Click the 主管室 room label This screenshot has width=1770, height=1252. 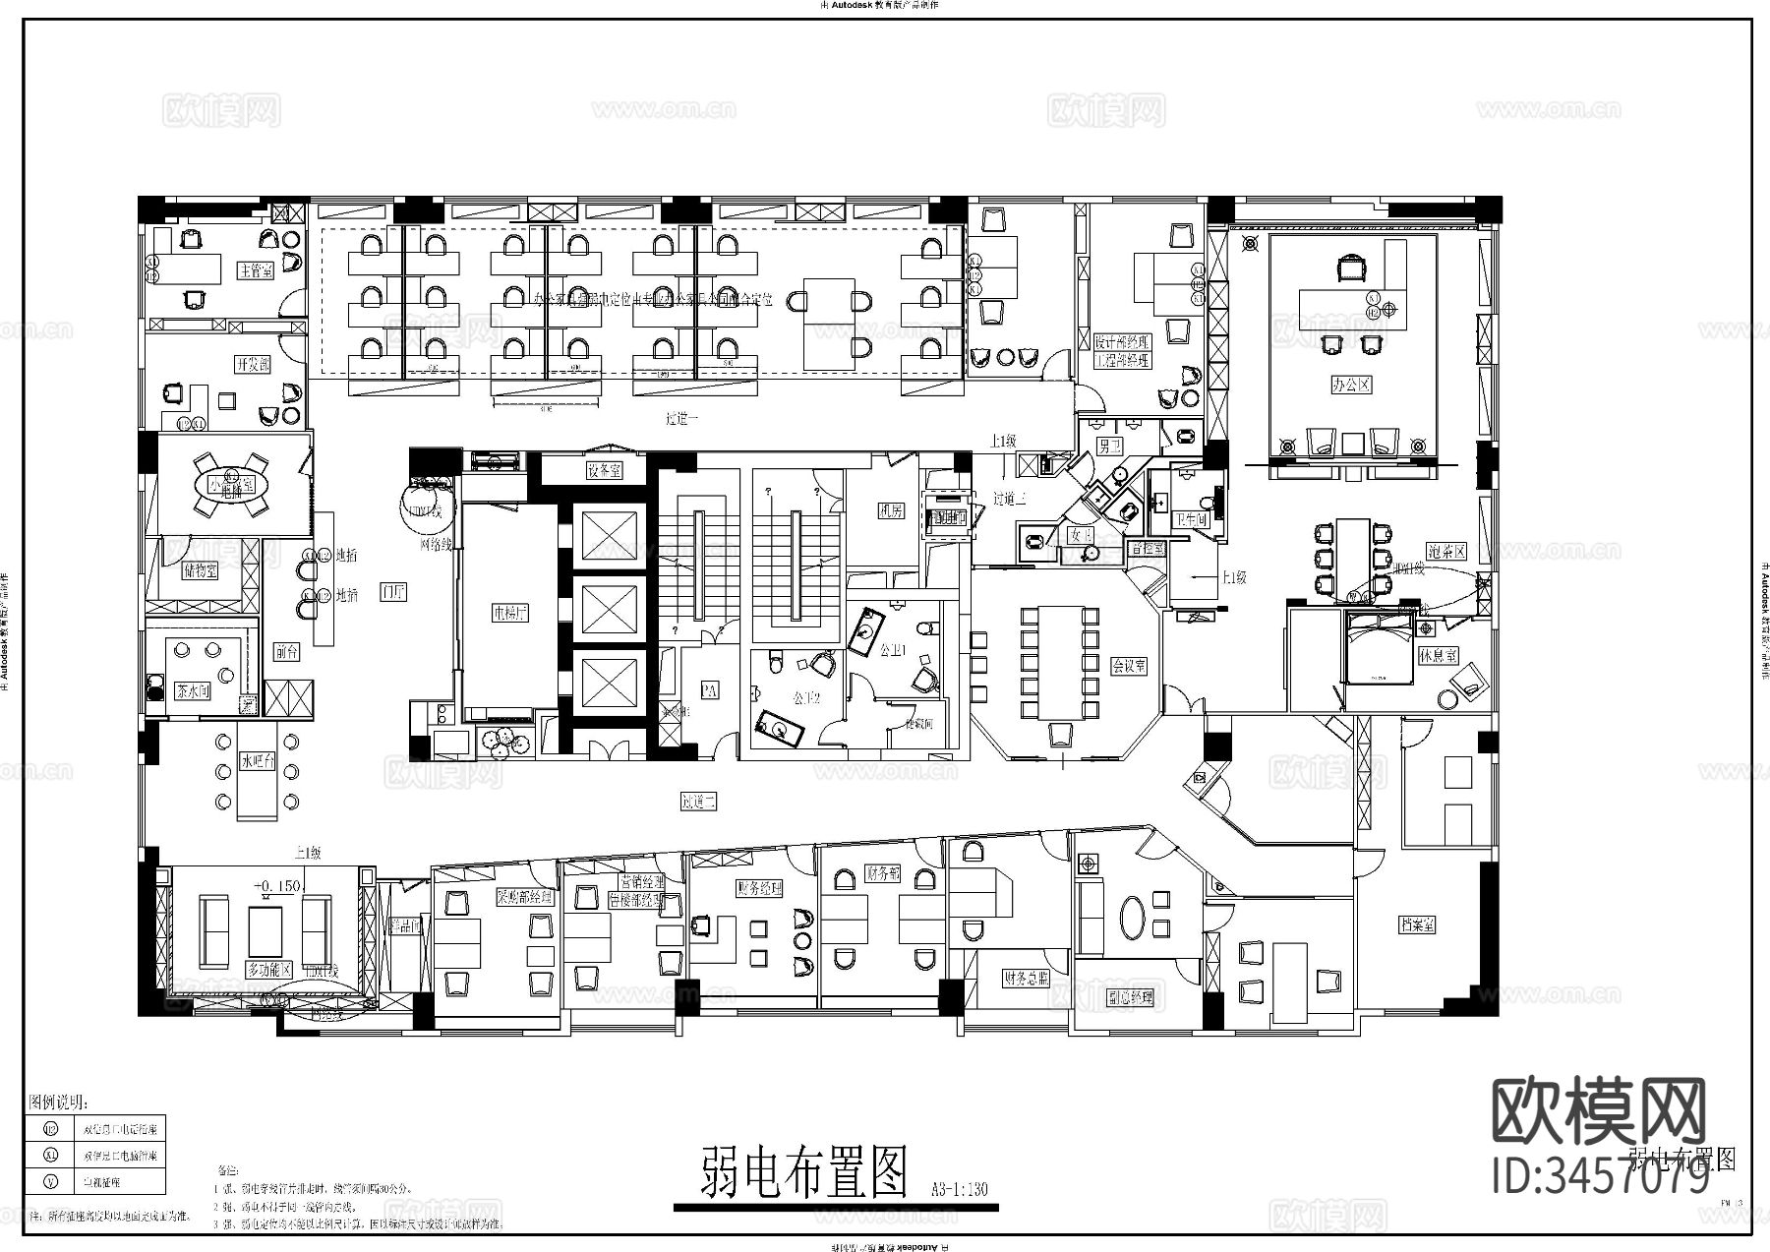pos(256,270)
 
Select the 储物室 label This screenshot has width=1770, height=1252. pos(200,570)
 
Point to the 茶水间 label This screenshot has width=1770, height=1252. pos(193,690)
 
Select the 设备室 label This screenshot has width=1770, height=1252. pos(604,471)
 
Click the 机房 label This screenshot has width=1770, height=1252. pos(891,511)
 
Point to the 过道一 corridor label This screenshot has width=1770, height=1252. pos(681,419)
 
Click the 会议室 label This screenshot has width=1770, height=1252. pos(1129,666)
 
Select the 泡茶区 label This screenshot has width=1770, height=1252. pos(1446,552)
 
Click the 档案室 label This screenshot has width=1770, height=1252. pos(1417,924)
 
